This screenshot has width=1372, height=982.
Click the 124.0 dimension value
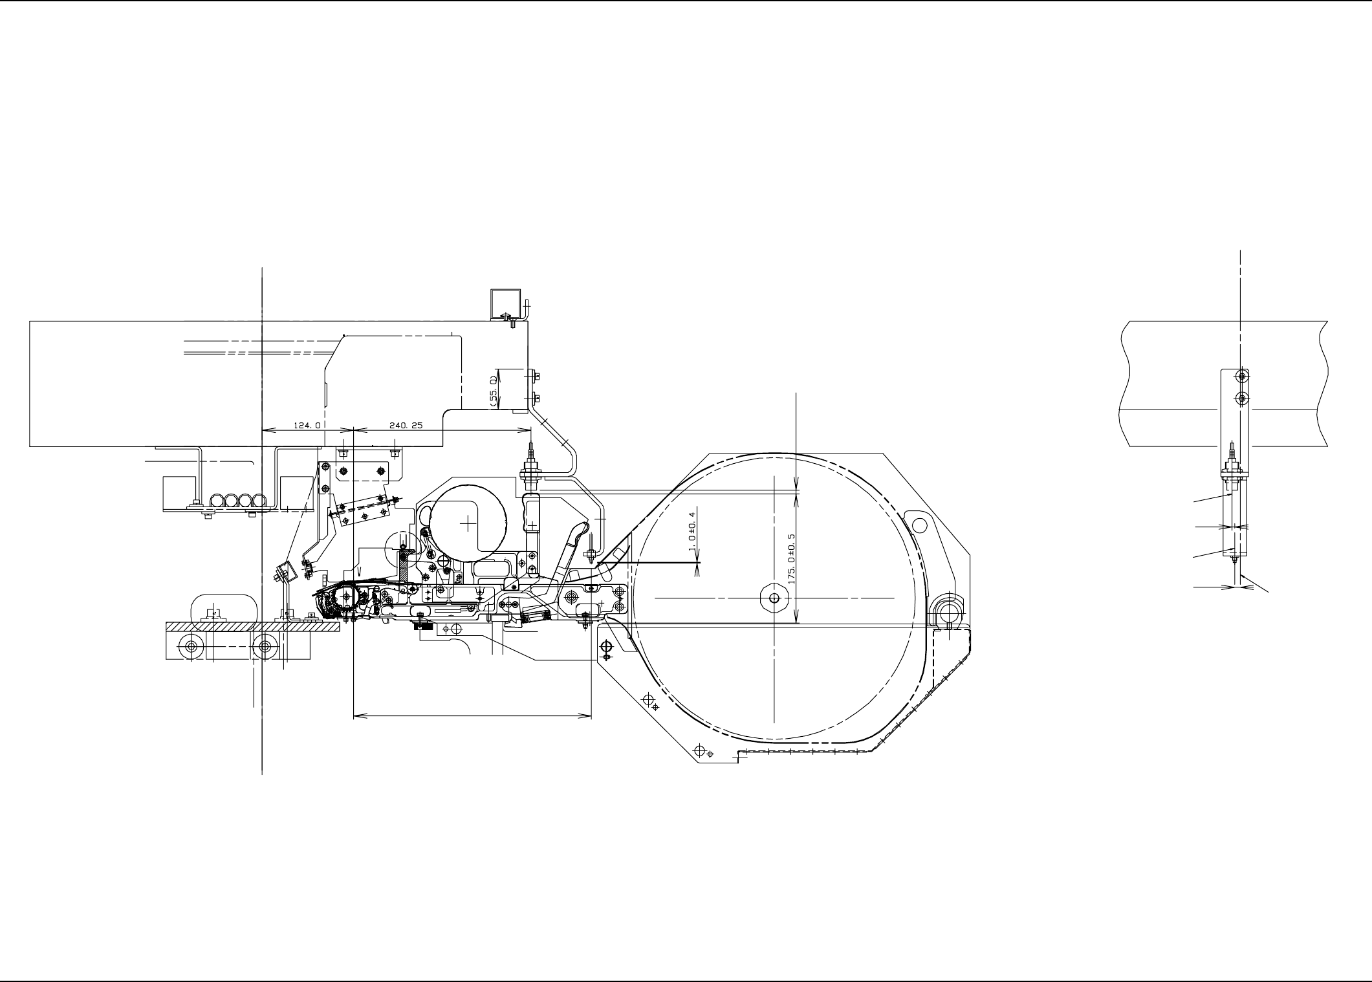[307, 425]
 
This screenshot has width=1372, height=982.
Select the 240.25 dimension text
[406, 425]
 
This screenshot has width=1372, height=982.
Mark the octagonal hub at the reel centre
[774, 598]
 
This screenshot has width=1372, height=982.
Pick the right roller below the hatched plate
[264, 646]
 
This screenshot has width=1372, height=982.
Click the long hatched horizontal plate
[253, 627]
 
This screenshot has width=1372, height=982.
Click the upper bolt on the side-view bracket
[1241, 376]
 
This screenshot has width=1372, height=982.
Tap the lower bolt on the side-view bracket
[1241, 397]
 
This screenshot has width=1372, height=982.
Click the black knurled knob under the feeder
[423, 624]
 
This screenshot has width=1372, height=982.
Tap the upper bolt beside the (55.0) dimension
[536, 375]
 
